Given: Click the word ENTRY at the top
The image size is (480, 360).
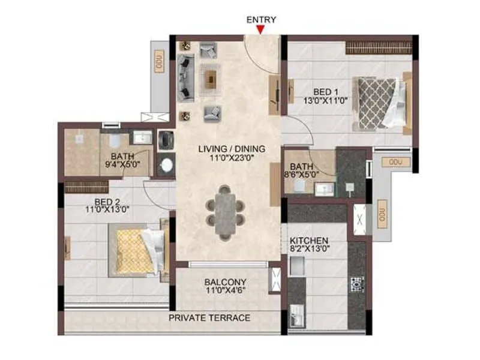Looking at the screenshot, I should coord(262,19).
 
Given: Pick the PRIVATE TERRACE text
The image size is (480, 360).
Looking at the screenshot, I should coord(209,317).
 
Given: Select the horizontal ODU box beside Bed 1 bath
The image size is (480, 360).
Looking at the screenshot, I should coord(395,162).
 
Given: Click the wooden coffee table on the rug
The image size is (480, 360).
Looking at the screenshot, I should coord(209,77).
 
